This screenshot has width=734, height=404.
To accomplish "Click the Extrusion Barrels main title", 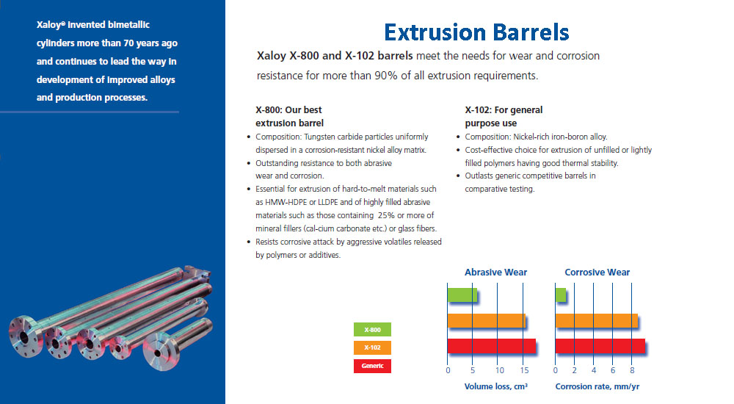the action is click(x=476, y=32).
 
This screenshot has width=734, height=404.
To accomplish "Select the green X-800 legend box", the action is click(x=372, y=330).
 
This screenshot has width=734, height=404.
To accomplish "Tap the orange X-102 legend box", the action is click(x=372, y=347).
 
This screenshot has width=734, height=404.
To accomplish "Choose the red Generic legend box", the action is click(x=372, y=366).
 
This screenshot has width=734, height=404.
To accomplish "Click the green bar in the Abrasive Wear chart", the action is click(x=462, y=295).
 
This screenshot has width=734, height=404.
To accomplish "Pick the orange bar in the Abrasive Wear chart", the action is click(x=487, y=320).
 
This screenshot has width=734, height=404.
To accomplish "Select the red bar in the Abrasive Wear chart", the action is click(x=492, y=346).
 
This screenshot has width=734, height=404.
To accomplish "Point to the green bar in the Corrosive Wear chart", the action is click(x=560, y=295).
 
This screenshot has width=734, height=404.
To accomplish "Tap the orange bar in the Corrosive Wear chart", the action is click(x=596, y=320).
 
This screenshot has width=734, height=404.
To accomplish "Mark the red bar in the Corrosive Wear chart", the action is click(x=600, y=346).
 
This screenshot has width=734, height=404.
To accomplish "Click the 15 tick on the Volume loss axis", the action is click(x=524, y=370).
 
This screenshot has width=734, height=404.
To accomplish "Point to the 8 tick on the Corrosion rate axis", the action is click(x=632, y=370).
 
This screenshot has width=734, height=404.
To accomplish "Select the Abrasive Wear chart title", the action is click(x=495, y=273).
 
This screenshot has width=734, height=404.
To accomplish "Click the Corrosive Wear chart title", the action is click(x=597, y=273).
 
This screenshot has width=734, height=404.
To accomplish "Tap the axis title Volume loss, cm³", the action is click(x=495, y=386).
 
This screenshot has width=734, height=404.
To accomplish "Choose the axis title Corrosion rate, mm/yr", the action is click(x=597, y=386).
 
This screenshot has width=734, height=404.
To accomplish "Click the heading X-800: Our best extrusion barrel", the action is click(x=289, y=116).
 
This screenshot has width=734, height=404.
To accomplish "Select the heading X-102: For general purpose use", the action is click(x=504, y=116).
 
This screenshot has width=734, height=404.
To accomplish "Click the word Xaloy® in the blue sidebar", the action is click(x=51, y=25).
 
